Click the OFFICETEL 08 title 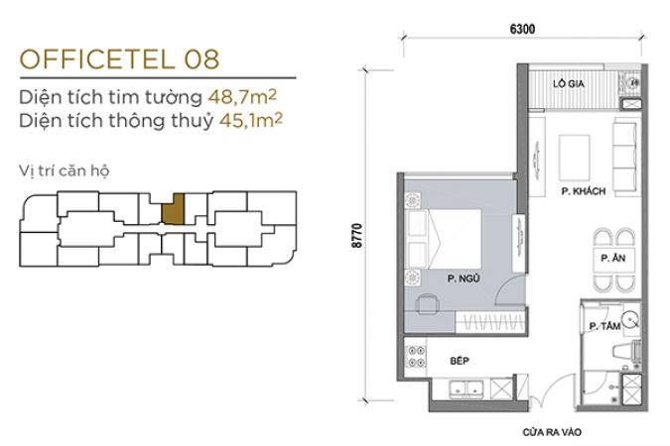click(120, 59)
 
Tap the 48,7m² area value click(242, 97)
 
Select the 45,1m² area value click(251, 120)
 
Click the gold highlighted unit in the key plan click(173, 209)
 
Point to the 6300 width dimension click(522, 29)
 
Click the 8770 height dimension click(356, 235)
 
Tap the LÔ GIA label click(569, 83)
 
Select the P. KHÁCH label click(584, 191)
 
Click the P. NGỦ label click(464, 279)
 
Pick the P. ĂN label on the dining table click(612, 258)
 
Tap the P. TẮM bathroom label click(604, 326)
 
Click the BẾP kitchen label click(460, 361)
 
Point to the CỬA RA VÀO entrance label click(552, 432)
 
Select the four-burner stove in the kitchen click(415, 357)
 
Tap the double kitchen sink click(466, 389)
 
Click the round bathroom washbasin click(630, 319)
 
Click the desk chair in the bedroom click(428, 304)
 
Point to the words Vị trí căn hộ click(65, 170)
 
